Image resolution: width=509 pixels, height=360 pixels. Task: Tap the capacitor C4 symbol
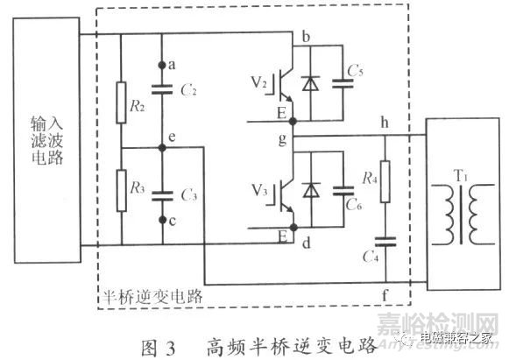384,241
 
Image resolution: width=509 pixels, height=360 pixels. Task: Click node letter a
173,64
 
